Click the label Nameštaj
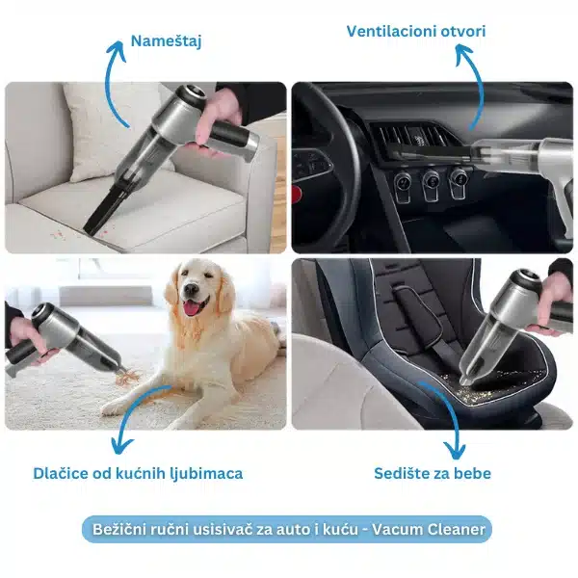[x=167, y=41]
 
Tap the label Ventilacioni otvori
[x=416, y=32]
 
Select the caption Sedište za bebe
[x=433, y=473]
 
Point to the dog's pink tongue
[x=191, y=308]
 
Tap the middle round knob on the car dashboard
[x=431, y=181]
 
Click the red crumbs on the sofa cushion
[x=59, y=234]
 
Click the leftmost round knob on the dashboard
[x=403, y=181]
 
